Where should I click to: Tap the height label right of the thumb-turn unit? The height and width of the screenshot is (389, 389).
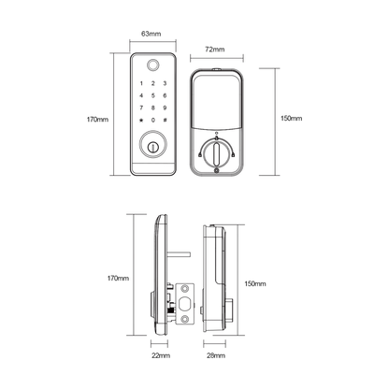pyautogui.click(x=294, y=119)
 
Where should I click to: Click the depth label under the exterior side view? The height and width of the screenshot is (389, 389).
pyautogui.click(x=160, y=356)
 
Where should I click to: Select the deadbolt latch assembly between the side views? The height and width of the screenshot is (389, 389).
pyautogui.click(x=183, y=304)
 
